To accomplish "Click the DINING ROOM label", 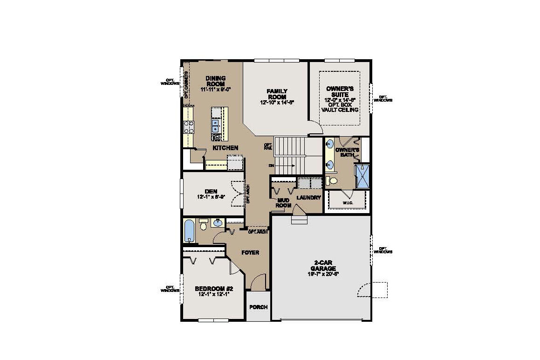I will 216,81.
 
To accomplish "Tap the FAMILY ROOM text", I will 277,94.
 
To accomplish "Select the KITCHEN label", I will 226,148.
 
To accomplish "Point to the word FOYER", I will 250,252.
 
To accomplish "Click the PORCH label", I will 258,307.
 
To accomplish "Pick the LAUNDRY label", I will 309,198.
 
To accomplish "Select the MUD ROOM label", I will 284,203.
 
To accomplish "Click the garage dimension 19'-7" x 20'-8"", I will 323,274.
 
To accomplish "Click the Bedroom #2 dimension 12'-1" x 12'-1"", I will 213,294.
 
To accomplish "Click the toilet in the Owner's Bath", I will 332,180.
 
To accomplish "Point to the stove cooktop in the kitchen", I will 189,127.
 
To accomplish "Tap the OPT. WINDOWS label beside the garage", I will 385,250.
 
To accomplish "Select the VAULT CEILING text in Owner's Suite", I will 341,110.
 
